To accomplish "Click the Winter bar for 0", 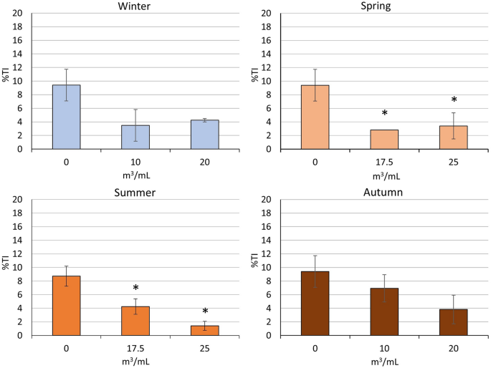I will [66, 117].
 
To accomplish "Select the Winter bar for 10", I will [135, 137].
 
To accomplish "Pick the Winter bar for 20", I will [204, 135].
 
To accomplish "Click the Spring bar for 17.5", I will [384, 140].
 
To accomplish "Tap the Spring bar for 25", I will [453, 137].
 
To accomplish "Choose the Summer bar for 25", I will [204, 330].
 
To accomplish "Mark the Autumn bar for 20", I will [453, 322].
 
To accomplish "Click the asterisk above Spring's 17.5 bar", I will [384, 114].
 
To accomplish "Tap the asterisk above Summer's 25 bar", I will [204, 312].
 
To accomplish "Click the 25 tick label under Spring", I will [453, 160].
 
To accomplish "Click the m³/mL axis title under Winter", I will [135, 173].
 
